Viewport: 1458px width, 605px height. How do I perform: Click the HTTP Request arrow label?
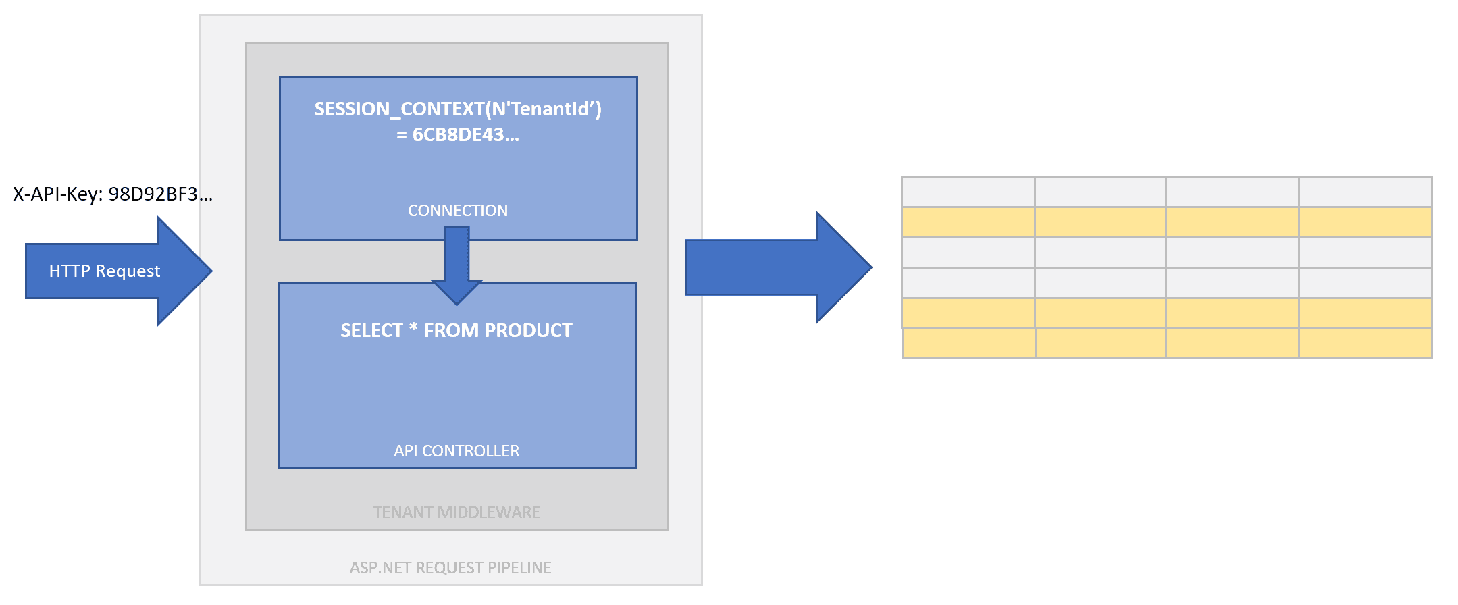click(105, 271)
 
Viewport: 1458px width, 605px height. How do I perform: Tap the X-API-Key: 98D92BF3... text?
click(113, 194)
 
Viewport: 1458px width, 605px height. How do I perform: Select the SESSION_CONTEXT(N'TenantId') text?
click(458, 109)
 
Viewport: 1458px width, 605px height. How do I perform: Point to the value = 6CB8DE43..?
click(458, 135)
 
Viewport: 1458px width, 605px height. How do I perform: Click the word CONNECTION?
click(458, 211)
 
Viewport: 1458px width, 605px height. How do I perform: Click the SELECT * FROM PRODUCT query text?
click(457, 330)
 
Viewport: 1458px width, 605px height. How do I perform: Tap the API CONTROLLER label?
click(457, 451)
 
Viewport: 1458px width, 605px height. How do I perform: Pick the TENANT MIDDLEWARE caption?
click(457, 512)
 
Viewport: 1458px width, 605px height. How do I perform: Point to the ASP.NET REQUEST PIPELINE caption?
click(450, 568)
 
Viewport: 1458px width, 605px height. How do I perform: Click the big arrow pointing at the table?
click(778, 267)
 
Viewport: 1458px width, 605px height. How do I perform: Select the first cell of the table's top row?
click(968, 192)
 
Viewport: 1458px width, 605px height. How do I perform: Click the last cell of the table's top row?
click(1365, 192)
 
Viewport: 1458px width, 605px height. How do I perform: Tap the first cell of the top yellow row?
click(968, 222)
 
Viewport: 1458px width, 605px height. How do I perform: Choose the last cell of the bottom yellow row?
click(1365, 344)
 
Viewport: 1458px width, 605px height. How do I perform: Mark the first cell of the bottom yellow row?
click(969, 344)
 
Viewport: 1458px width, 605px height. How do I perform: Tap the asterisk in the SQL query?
click(413, 329)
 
